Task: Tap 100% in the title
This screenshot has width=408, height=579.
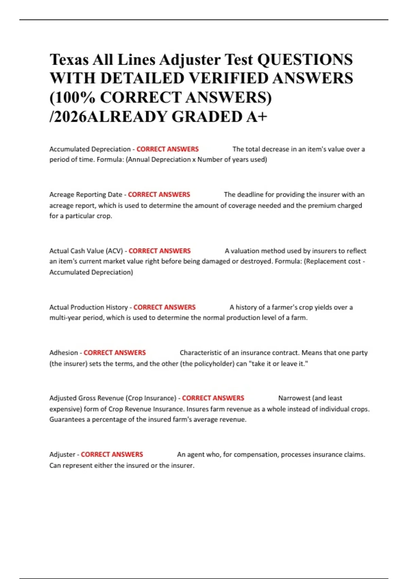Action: (x=75, y=98)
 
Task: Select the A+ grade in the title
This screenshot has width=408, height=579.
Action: (x=257, y=117)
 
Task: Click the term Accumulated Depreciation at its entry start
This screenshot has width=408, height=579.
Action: (x=90, y=149)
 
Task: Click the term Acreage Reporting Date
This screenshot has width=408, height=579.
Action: (x=85, y=194)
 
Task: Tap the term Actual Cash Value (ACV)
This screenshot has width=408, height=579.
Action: (x=86, y=251)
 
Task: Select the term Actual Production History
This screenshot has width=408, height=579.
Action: (x=88, y=307)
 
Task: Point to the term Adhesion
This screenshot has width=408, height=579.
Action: (x=64, y=353)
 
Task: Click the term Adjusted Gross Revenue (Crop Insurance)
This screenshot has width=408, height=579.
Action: (x=113, y=398)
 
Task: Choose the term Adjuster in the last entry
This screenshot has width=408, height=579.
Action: (x=62, y=455)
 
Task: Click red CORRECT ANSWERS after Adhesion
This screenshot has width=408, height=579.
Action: (x=115, y=353)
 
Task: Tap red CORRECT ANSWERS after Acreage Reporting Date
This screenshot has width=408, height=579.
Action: (x=159, y=194)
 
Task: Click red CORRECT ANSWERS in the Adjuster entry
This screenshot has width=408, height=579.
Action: (x=112, y=455)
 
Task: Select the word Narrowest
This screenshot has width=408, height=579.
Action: (x=294, y=398)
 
